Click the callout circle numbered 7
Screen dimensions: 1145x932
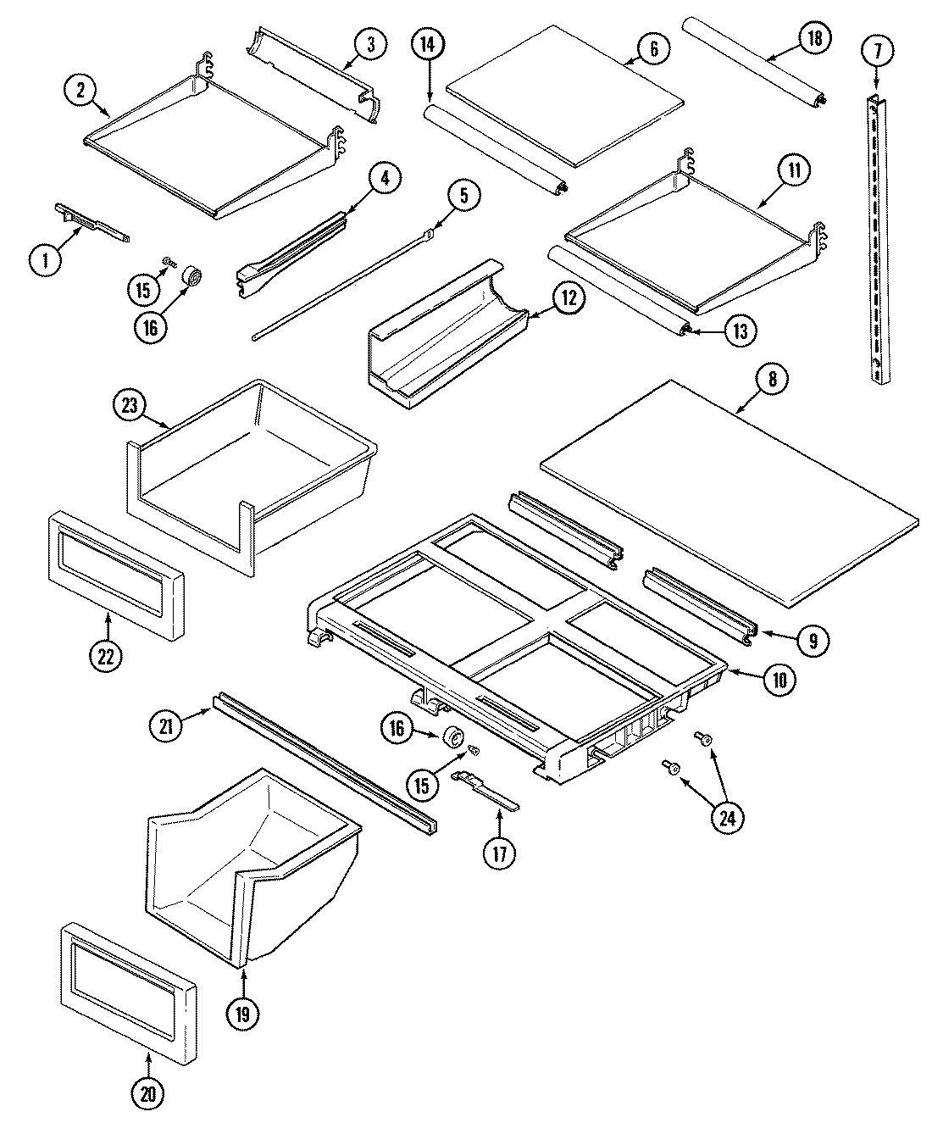point(877,51)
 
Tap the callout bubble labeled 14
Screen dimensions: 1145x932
point(429,44)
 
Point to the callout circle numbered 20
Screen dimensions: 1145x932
point(148,1094)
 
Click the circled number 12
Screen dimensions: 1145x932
point(569,297)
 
